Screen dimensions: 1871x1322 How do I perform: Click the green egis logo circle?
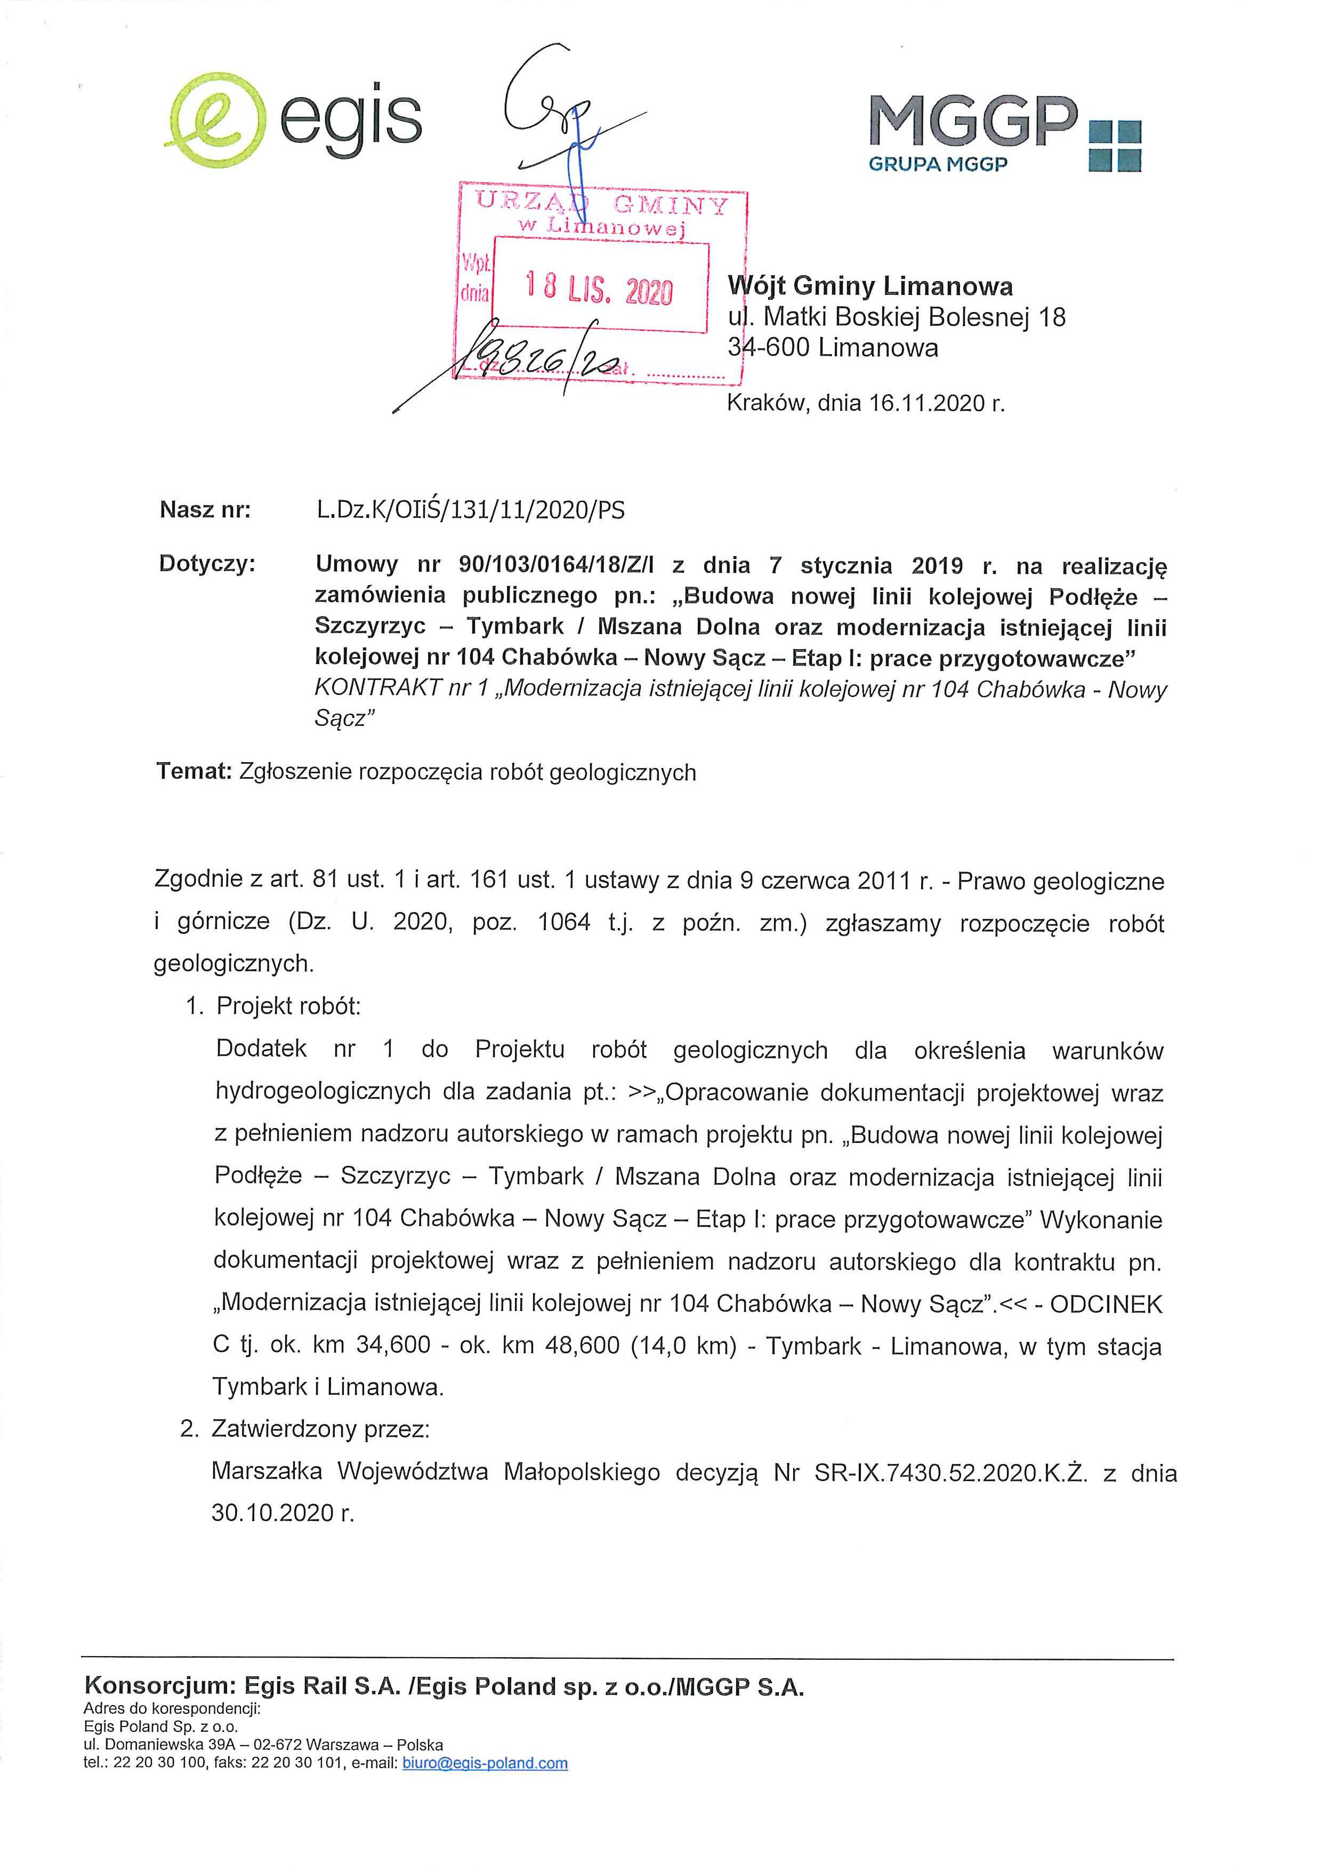(x=216, y=120)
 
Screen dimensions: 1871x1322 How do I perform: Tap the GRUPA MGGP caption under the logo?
(x=938, y=164)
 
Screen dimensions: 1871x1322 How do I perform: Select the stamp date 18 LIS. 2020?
(x=600, y=287)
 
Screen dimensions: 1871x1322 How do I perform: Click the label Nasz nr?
(x=205, y=510)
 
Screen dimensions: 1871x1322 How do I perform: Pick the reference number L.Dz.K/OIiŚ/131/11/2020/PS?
(x=471, y=510)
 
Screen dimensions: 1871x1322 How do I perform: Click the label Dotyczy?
(x=207, y=564)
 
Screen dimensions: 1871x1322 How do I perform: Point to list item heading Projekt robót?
(x=288, y=1005)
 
